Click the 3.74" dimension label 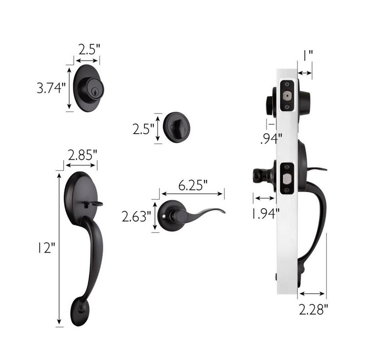tap(51, 88)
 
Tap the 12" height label tap(46, 248)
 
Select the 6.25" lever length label tap(193, 185)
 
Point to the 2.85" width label tap(82, 155)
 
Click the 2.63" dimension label tap(136, 216)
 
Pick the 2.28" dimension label tap(313, 310)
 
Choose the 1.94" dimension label tap(265, 214)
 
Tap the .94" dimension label tap(272, 139)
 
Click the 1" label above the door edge tap(308, 56)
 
